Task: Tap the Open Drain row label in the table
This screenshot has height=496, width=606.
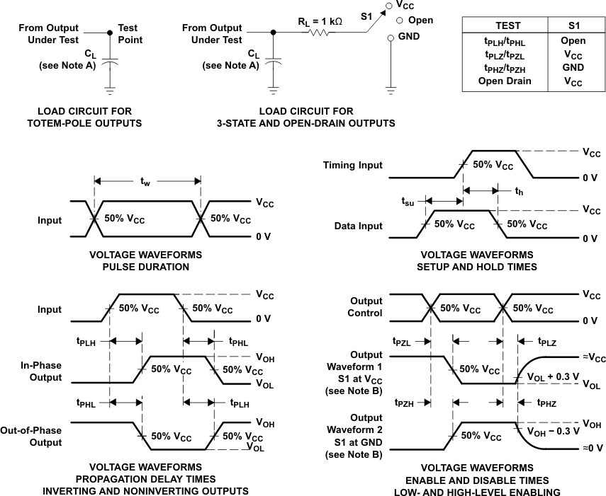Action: point(505,81)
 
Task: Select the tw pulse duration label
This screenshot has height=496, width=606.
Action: point(145,183)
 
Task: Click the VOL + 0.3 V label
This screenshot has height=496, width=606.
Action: point(553,376)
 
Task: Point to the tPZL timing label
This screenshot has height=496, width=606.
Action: point(402,340)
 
